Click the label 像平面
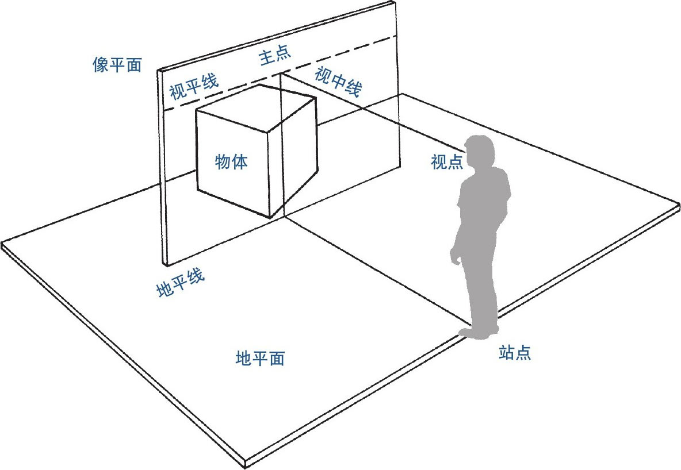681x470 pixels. point(117,65)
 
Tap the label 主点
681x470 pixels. point(276,56)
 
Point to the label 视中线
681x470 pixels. point(338,81)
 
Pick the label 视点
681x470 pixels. point(447,163)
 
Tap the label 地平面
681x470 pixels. point(260,359)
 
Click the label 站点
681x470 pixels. point(515,352)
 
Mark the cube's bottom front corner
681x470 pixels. point(270,217)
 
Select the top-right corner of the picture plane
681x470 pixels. point(396,2)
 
